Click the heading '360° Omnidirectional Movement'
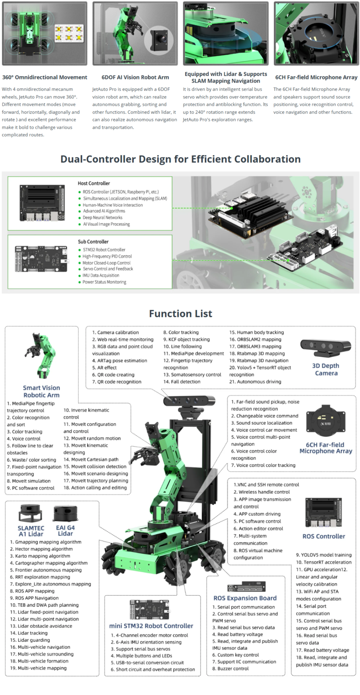tap(45, 77)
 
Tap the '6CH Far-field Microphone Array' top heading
tap(316, 77)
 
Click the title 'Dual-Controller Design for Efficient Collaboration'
tap(180, 159)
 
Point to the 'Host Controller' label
tap(94, 183)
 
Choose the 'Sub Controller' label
tap(93, 241)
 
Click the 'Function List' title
tap(180, 314)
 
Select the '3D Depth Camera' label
tap(326, 369)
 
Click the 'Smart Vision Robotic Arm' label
tap(41, 391)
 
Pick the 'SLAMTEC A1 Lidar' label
tap(30, 530)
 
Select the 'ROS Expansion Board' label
tap(245, 598)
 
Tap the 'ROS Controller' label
tap(324, 536)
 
